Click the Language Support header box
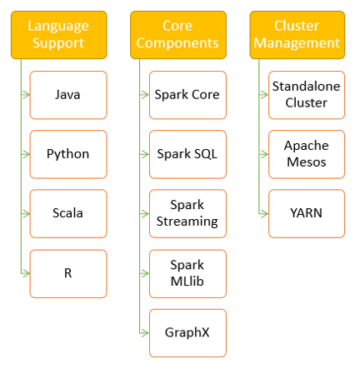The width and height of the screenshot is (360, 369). (x=59, y=35)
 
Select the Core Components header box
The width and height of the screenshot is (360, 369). (x=178, y=35)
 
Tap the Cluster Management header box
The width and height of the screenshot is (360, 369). (x=297, y=35)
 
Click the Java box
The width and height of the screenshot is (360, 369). (x=68, y=95)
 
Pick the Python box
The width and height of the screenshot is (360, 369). (x=68, y=154)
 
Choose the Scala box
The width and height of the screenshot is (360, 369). (x=68, y=214)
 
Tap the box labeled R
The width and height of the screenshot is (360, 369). (x=68, y=274)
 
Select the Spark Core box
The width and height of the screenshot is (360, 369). (x=187, y=95)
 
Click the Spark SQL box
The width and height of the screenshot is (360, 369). (x=187, y=154)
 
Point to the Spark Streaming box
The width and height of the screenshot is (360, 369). (x=187, y=214)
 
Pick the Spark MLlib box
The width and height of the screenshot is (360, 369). (x=187, y=274)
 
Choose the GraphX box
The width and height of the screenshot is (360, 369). (x=187, y=333)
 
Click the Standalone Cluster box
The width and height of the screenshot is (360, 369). (x=307, y=95)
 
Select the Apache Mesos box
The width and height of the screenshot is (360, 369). (x=307, y=154)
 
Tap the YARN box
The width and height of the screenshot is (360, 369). (x=307, y=214)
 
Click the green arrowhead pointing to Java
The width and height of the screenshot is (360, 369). (x=26, y=95)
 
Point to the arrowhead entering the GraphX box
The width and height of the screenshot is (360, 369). (x=145, y=332)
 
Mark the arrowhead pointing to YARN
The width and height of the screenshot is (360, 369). (x=264, y=213)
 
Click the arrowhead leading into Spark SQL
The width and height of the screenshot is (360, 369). (x=145, y=154)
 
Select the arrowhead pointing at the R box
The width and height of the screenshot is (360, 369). (x=26, y=273)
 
